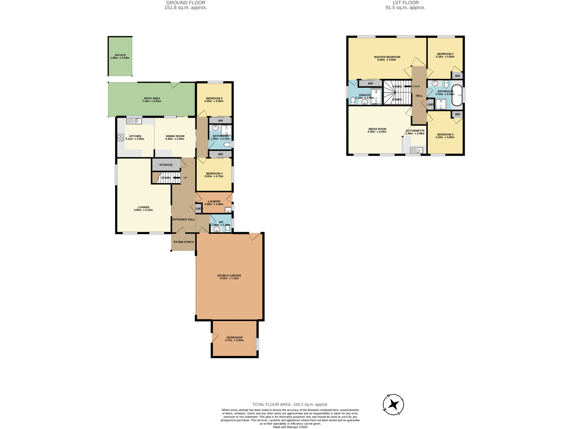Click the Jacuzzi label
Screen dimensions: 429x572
click(120, 55)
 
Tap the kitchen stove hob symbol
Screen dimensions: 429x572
click(121, 138)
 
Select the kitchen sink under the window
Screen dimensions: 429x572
click(134, 121)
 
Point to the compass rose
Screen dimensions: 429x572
click(394, 405)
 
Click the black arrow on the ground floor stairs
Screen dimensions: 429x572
click(176, 178)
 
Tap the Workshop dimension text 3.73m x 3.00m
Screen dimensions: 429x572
click(234, 340)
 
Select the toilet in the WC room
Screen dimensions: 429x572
click(228, 229)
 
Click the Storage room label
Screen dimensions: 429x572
click(166, 165)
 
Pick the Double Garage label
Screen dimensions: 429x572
click(229, 276)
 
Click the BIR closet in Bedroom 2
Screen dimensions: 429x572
click(457, 76)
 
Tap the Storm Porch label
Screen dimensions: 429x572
click(184, 242)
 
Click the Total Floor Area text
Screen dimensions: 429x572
click(290, 404)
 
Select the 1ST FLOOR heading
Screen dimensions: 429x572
click(405, 3)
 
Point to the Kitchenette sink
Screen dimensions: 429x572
click(416, 150)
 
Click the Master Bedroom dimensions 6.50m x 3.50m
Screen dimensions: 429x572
click(387, 60)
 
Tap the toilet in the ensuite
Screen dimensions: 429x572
click(353, 101)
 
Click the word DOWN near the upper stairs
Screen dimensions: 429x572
click(416, 86)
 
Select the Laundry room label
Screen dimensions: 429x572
click(214, 201)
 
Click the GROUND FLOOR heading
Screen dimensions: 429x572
click(186, 3)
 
